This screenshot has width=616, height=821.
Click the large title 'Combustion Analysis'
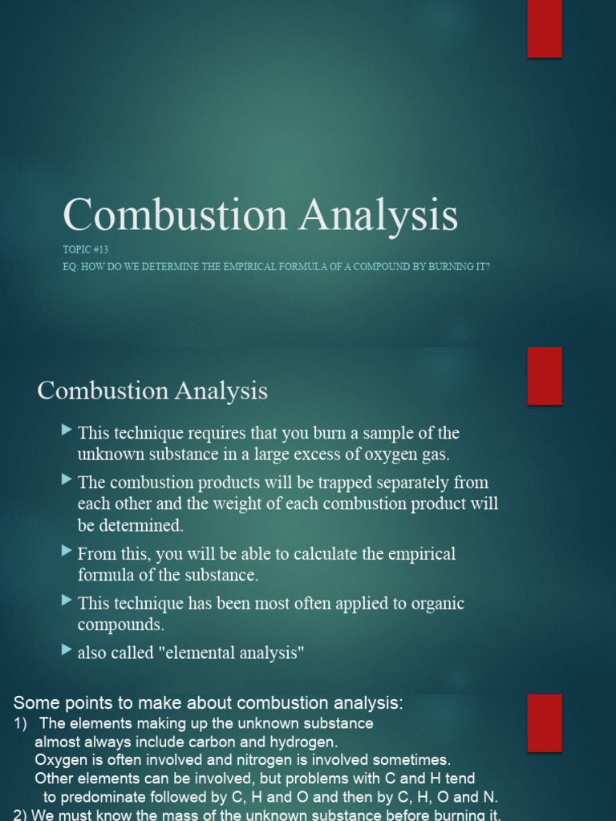[260, 216]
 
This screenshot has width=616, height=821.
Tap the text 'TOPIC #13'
[86, 250]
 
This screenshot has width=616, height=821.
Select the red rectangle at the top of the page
[545, 29]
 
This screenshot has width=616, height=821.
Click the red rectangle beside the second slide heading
[545, 375]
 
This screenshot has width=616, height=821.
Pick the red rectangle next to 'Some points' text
[545, 722]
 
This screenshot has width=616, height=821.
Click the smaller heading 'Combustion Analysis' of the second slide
[152, 391]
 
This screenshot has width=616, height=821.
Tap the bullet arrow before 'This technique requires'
[67, 431]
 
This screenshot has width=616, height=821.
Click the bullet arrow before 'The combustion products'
[67, 480]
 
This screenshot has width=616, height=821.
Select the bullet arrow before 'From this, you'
[67, 552]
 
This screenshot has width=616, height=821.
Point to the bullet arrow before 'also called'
[67, 651]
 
